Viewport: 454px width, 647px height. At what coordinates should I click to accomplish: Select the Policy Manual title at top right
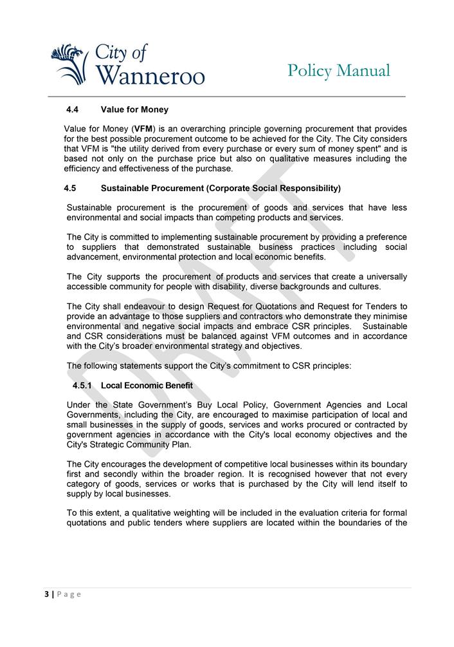[338, 71]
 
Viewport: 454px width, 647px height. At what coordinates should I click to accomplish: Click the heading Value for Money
[134, 110]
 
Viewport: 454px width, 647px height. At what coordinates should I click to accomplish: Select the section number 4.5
[70, 189]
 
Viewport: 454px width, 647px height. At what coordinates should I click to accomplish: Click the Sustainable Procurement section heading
[221, 189]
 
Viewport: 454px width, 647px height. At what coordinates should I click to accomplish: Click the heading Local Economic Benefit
[147, 386]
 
